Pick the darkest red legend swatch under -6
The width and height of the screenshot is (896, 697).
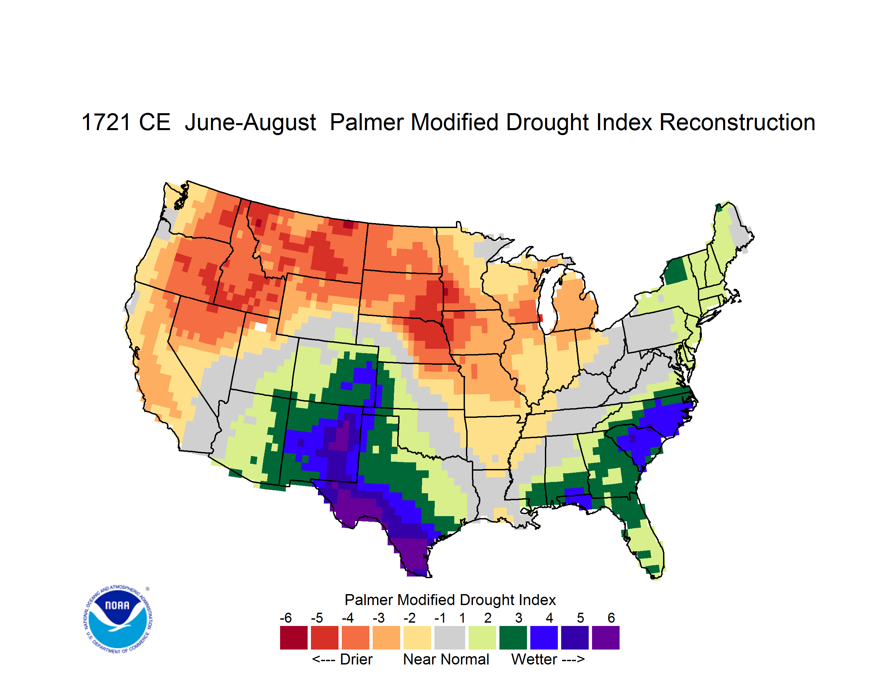tap(294, 638)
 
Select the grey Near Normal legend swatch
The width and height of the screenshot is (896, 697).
tap(450, 638)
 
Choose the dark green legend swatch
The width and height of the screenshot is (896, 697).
tap(513, 638)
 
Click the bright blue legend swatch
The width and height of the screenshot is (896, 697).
tap(544, 638)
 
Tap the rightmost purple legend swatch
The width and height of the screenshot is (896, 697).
tap(606, 638)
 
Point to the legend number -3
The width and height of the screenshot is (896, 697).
tap(378, 618)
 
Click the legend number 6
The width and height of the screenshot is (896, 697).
tap(611, 618)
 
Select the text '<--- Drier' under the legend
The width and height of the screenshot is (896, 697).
tap(342, 659)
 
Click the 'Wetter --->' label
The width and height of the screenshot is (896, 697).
tap(548, 659)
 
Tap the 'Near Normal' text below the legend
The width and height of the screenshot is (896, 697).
tap(446, 659)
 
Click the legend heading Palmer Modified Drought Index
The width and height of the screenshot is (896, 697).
tap(450, 600)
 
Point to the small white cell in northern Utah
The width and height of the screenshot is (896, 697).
tap(260, 327)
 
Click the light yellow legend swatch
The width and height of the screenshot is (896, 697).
tap(417, 638)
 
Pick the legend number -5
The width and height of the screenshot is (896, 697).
tap(317, 618)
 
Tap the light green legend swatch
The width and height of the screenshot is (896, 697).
tap(482, 638)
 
